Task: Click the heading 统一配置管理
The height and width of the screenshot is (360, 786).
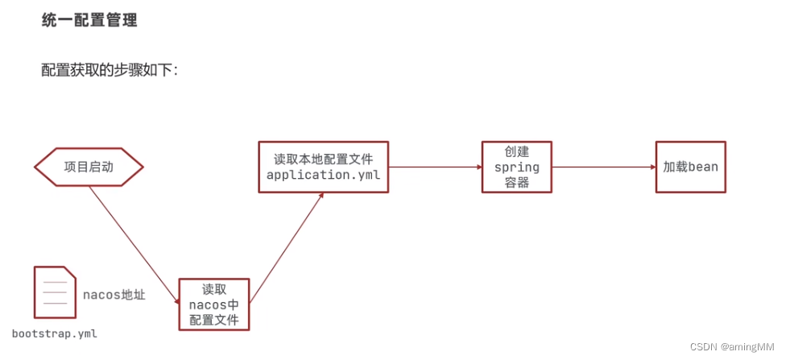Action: point(89,21)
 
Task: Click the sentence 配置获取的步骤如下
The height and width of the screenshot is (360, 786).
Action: point(110,70)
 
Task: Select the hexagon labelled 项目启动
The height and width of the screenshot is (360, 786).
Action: point(89,168)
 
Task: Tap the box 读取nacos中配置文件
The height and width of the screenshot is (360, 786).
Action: point(214,304)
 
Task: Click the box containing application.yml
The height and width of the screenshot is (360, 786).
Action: point(323,167)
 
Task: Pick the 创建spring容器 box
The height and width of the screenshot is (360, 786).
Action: point(517,167)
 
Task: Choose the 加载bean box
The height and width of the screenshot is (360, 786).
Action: point(690,167)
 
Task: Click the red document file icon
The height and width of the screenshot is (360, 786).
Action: point(55,293)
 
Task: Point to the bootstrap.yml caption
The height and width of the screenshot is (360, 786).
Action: point(55,333)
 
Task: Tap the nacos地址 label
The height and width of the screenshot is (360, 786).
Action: point(114,295)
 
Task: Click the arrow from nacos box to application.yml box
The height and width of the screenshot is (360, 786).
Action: point(286,249)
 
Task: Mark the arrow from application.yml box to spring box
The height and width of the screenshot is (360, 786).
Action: point(435,167)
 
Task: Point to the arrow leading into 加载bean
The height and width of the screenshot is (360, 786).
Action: point(604,167)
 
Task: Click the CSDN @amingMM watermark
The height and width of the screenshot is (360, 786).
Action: point(733,346)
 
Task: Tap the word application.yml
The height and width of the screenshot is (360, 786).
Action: point(323,176)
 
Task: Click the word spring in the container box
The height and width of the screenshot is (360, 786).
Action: point(517,168)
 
